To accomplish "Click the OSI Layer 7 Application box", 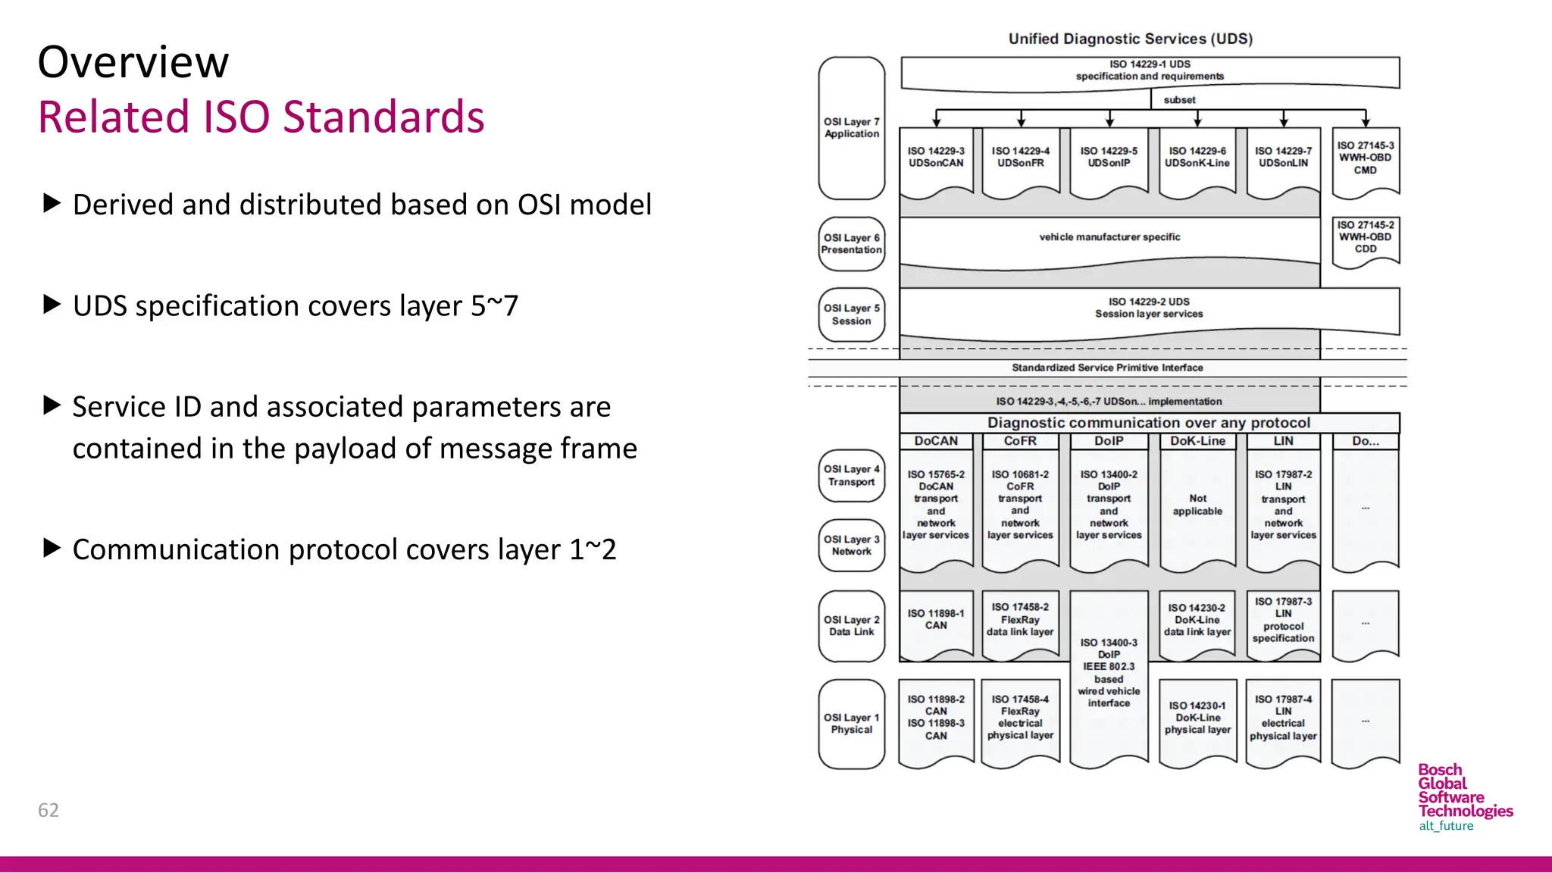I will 852,128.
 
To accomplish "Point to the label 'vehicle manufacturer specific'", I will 1109,237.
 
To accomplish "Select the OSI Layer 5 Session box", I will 852,314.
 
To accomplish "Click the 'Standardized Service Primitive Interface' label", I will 1107,368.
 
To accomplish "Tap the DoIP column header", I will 1109,441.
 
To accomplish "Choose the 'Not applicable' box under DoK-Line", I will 1197,505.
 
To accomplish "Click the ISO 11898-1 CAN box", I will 936,620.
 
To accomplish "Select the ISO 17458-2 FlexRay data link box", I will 1020,620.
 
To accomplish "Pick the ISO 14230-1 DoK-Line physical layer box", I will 1197,718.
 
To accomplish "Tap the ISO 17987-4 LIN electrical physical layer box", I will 1283,718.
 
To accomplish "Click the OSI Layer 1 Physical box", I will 852,724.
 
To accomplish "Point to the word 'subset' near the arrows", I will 1179,100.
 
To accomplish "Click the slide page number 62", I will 48,810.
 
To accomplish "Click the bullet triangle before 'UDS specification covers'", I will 52,305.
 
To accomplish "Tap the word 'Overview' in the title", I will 133,62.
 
